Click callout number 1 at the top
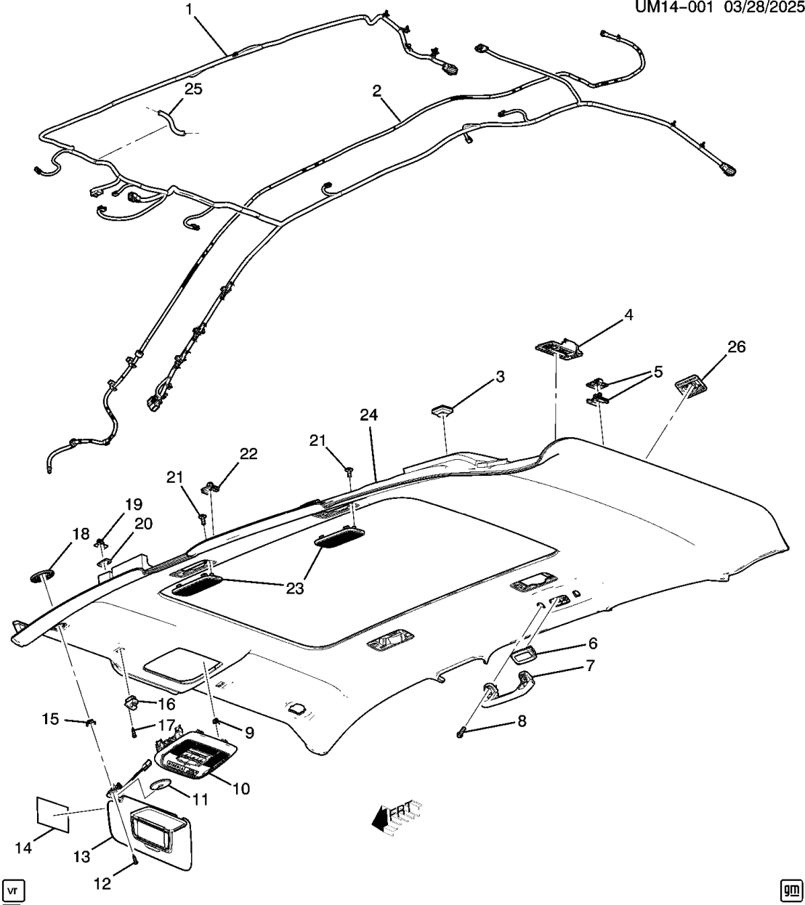190,9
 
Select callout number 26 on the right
736,347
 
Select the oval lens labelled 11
161,784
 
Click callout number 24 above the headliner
369,415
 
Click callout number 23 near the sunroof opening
293,588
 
